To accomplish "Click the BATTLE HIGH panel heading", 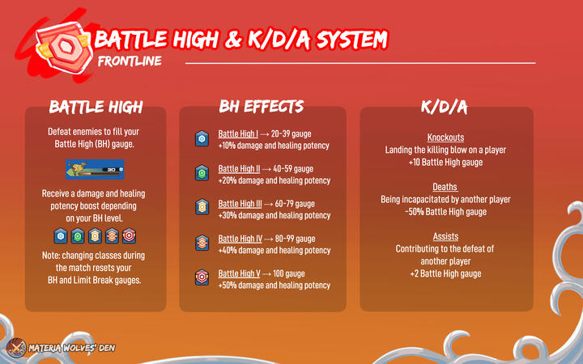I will tap(96, 107).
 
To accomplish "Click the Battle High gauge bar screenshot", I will tap(96, 170).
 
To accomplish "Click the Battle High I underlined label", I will tap(238, 133).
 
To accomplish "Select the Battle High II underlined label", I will tap(239, 169).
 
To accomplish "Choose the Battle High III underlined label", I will tap(240, 204).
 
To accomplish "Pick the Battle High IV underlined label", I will tap(240, 239).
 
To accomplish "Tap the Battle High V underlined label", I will tap(239, 274).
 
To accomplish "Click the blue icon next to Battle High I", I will tap(202, 139).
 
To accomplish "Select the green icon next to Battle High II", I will tap(202, 174).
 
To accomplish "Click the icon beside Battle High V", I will tap(202, 279).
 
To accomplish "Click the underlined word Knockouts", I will tap(446, 138).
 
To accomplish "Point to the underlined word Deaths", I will tap(446, 188).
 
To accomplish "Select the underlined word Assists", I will tap(446, 237).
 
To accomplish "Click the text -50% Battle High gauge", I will tap(446, 212).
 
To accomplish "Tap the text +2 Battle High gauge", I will tap(446, 274).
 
